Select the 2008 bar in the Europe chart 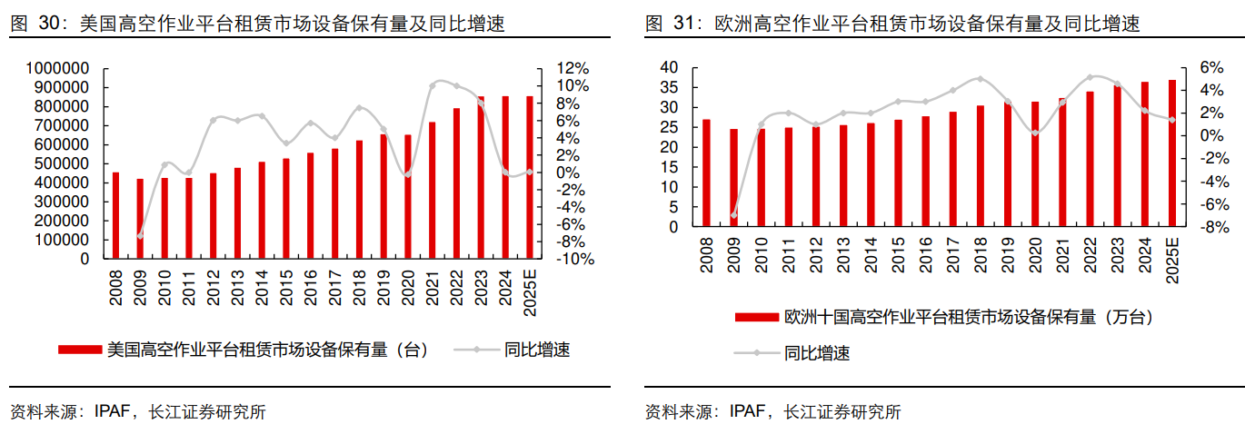coord(706,173)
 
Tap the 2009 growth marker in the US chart coord(140,236)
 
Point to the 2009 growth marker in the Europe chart coord(733,216)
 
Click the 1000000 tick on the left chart coord(57,68)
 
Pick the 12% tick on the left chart coord(573,68)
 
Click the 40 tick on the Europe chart coord(669,67)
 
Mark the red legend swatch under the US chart coord(80,350)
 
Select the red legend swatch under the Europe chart coord(756,317)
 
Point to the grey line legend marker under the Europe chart coord(756,353)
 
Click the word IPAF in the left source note coord(112,411)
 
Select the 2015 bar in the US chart coord(286,209)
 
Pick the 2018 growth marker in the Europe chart coord(980,79)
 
